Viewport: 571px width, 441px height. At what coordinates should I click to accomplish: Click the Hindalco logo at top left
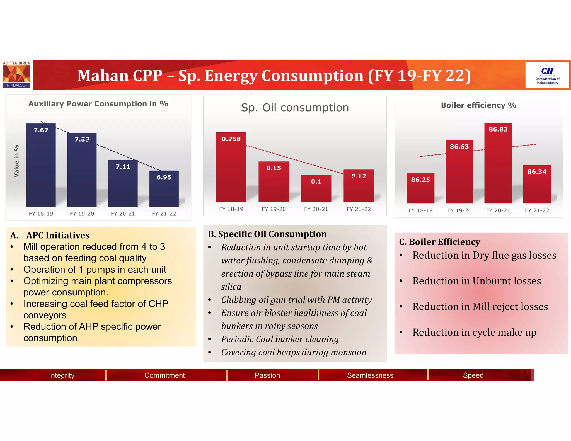(16, 75)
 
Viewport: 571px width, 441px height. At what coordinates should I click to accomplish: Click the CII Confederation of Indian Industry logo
(547, 75)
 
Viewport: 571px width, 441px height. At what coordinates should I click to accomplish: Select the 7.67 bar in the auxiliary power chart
(41, 167)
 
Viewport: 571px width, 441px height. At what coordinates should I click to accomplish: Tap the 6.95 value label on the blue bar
(164, 177)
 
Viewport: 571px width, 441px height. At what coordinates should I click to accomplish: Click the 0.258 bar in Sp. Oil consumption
(231, 170)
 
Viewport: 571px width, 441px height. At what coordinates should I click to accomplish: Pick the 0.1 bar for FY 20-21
(316, 190)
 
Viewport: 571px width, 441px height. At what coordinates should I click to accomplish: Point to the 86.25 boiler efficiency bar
(420, 190)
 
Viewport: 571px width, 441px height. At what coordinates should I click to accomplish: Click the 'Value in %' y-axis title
(16, 161)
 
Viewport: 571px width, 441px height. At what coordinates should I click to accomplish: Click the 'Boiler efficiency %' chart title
(478, 105)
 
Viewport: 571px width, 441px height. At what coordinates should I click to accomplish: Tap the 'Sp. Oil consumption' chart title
(295, 108)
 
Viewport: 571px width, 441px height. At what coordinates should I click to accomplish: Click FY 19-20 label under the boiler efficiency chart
(459, 211)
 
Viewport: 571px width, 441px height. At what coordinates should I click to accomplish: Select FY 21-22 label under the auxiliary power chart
(164, 214)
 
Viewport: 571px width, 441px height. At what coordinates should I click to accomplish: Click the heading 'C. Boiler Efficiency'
(440, 242)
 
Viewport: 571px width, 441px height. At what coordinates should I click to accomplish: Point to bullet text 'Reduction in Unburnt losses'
(476, 281)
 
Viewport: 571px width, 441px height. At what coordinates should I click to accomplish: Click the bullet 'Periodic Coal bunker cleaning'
(280, 339)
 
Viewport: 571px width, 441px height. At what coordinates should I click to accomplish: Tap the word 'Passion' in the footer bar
(267, 375)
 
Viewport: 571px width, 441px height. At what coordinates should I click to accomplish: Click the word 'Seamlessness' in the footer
(370, 375)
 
